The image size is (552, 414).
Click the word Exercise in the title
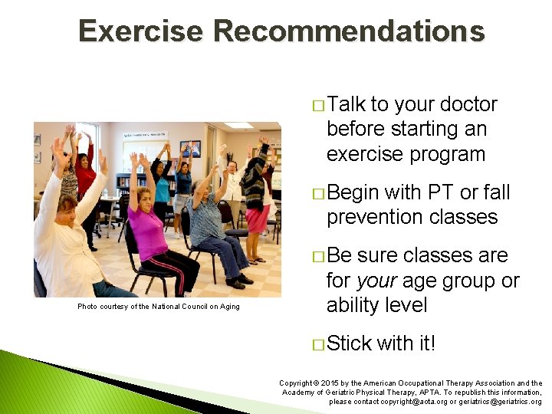click(x=141, y=31)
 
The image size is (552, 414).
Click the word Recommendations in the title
click(x=349, y=31)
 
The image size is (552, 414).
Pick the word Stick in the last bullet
click(x=349, y=343)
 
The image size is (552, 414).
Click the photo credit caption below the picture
click(x=158, y=307)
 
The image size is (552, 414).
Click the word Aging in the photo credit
click(x=228, y=307)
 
